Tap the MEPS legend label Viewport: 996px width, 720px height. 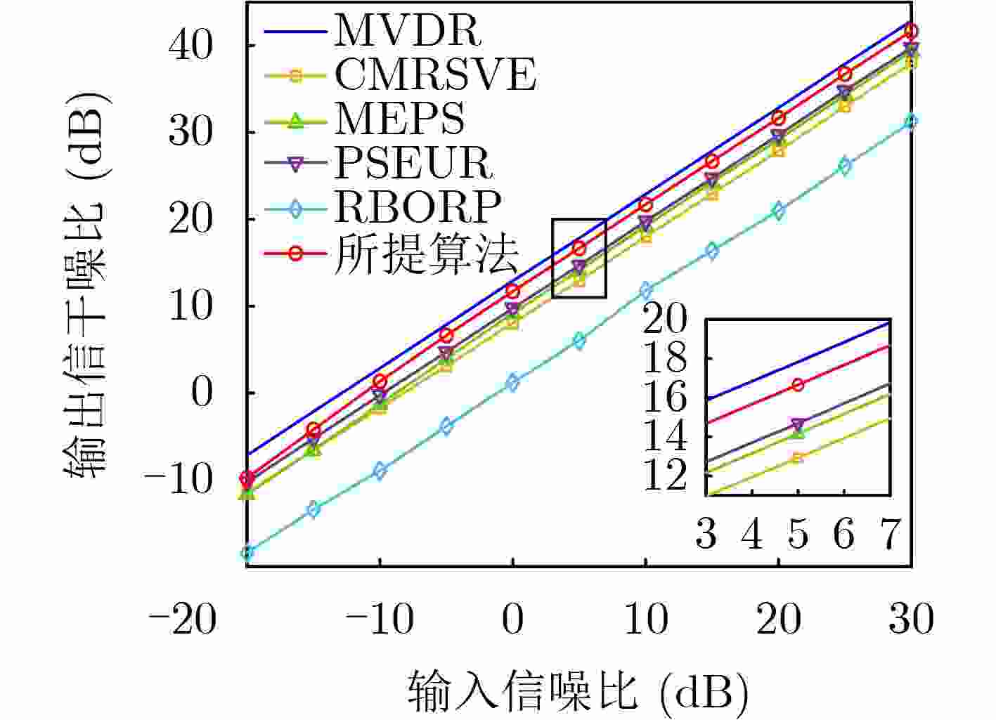click(399, 118)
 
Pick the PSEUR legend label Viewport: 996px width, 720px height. click(413, 162)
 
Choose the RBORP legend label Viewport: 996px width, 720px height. click(418, 206)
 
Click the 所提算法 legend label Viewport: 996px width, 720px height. click(426, 252)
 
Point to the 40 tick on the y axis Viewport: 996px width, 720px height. click(190, 46)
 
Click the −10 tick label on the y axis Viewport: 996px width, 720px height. click(178, 480)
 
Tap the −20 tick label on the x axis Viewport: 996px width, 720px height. click(182, 620)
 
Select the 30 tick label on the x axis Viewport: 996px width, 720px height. click(911, 620)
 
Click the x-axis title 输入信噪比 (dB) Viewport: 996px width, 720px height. click(576, 692)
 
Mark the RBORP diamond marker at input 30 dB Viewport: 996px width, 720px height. click(911, 122)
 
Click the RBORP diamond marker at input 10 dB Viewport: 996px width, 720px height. click(646, 290)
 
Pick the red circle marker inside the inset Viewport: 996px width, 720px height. click(798, 385)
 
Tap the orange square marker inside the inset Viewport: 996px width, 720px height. click(798, 458)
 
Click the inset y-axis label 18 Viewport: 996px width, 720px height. click(665, 359)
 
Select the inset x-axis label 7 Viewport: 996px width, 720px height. click(890, 535)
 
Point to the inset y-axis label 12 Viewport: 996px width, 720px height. click(665, 476)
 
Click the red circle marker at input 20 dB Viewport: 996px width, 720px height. click(779, 118)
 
